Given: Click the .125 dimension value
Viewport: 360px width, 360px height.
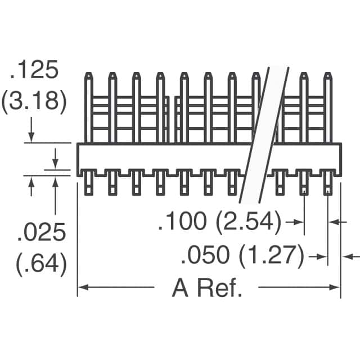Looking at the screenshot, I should click(33, 71).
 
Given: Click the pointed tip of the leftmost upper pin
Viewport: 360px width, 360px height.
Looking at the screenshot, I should click(88, 74).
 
